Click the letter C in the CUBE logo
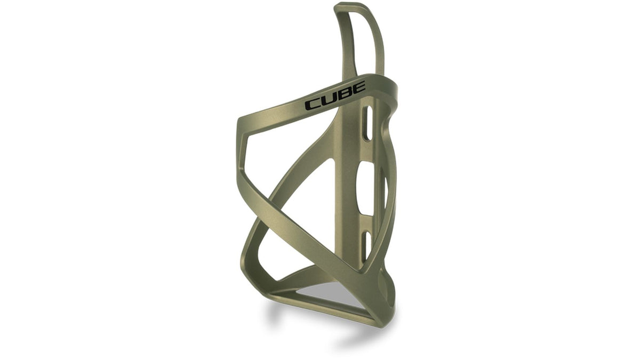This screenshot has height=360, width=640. (x=311, y=105)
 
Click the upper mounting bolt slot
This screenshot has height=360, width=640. (x=369, y=123)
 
